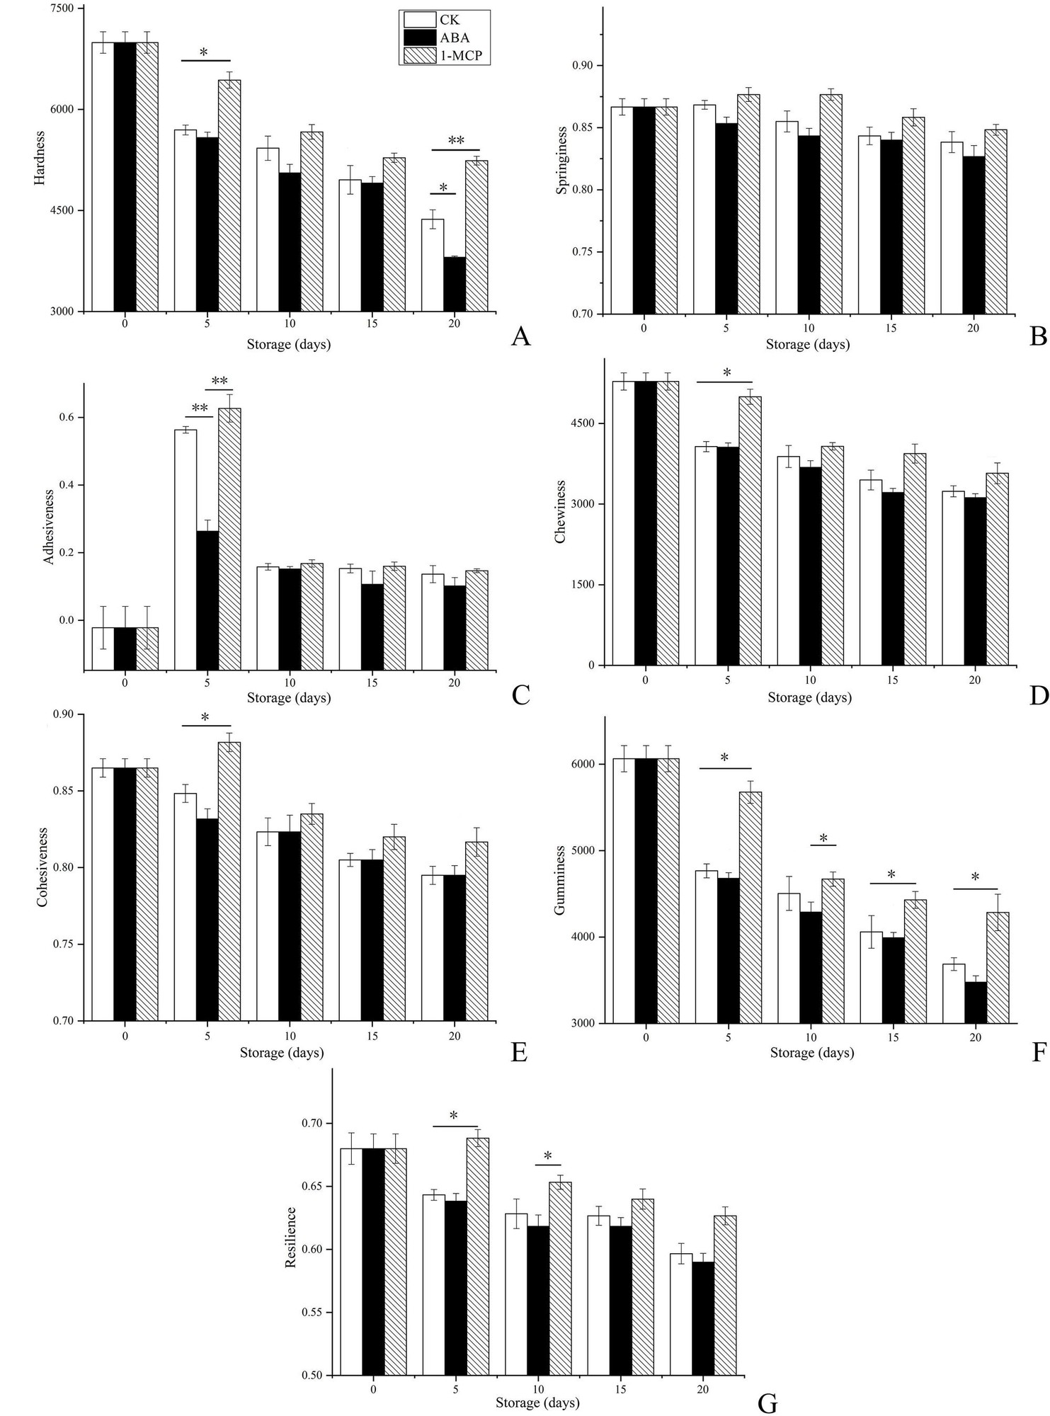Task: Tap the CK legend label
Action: tap(449, 20)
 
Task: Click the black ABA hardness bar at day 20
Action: tap(454, 284)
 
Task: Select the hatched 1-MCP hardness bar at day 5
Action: tap(229, 195)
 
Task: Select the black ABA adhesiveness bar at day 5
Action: tap(207, 599)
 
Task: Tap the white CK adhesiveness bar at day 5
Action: tap(186, 549)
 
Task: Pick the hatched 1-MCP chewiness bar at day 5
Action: tap(750, 530)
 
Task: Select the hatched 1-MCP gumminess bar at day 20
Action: tap(997, 967)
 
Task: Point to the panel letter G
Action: tap(767, 1403)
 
